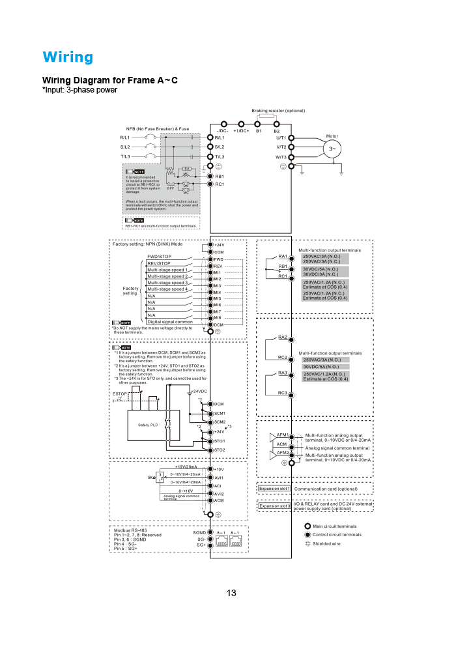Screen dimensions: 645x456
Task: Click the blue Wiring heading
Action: (68, 57)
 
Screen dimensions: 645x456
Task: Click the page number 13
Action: (231, 593)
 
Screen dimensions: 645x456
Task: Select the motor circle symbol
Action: (333, 149)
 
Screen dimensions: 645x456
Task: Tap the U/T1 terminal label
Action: (281, 137)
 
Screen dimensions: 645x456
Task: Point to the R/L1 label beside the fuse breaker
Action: (125, 137)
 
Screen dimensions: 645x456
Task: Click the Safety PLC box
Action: (148, 424)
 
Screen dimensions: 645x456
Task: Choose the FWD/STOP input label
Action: (159, 257)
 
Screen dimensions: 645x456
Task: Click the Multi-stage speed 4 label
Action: (167, 289)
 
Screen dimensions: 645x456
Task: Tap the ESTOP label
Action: (120, 394)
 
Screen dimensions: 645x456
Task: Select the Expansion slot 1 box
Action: (274, 488)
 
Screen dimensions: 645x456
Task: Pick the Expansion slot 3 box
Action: (274, 506)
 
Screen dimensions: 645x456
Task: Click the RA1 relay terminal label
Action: (283, 255)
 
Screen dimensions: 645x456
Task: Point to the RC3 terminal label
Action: (283, 392)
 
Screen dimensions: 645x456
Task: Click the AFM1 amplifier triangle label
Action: (282, 435)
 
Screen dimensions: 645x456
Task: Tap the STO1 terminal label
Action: (220, 441)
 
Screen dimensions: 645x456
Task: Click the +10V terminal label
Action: (219, 469)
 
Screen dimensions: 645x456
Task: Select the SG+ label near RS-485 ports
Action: (202, 545)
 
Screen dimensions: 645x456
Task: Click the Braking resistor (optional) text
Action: (278, 111)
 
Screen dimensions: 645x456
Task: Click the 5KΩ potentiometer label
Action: (151, 478)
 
